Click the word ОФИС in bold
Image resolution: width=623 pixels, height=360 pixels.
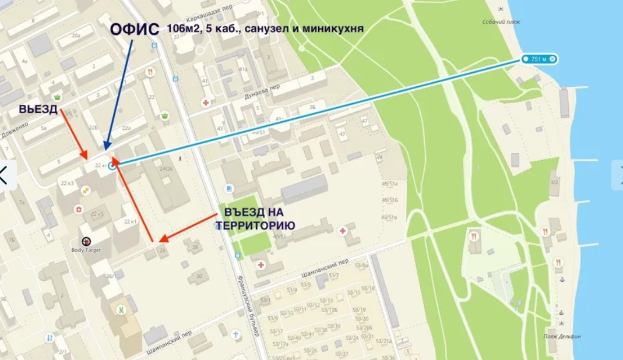(x=135, y=30)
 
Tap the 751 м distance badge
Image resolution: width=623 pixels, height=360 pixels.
(x=537, y=59)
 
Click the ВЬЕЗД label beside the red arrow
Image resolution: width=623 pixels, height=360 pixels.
(x=38, y=109)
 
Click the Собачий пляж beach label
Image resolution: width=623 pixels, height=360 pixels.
(x=501, y=22)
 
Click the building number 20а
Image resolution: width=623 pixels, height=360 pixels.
(x=76, y=36)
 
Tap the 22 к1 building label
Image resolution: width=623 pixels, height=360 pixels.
(x=130, y=222)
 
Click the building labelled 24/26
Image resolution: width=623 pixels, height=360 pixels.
(x=167, y=169)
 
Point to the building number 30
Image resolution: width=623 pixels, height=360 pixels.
(x=199, y=276)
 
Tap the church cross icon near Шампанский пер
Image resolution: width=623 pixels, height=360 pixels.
(x=235, y=335)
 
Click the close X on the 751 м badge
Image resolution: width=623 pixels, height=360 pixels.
(x=552, y=59)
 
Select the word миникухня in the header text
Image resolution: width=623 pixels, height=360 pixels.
(x=336, y=28)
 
